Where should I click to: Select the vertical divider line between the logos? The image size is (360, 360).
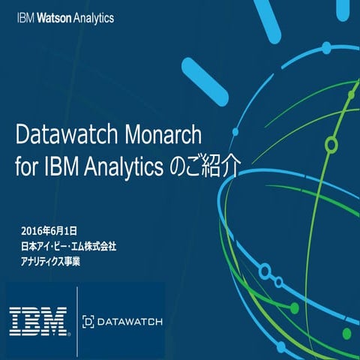coord(76,320)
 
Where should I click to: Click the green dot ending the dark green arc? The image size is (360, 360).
coord(294,308)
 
